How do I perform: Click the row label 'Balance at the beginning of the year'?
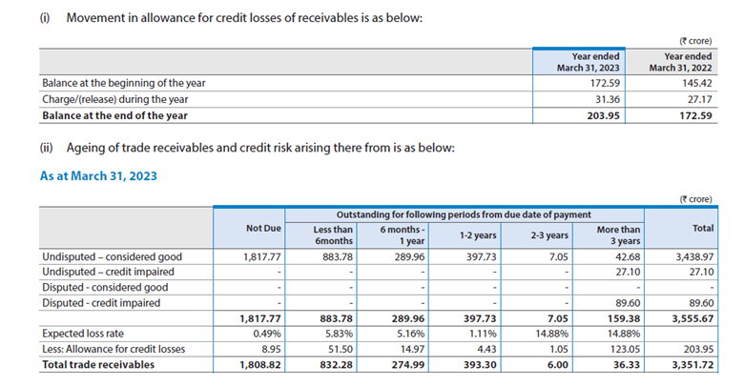click(x=124, y=83)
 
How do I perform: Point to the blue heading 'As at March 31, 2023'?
click(x=98, y=175)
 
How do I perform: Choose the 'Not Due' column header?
click(x=262, y=230)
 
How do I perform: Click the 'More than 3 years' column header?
click(x=618, y=235)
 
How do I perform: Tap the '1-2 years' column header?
click(x=479, y=235)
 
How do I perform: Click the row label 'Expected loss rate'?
click(x=88, y=335)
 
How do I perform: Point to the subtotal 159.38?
click(x=625, y=319)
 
